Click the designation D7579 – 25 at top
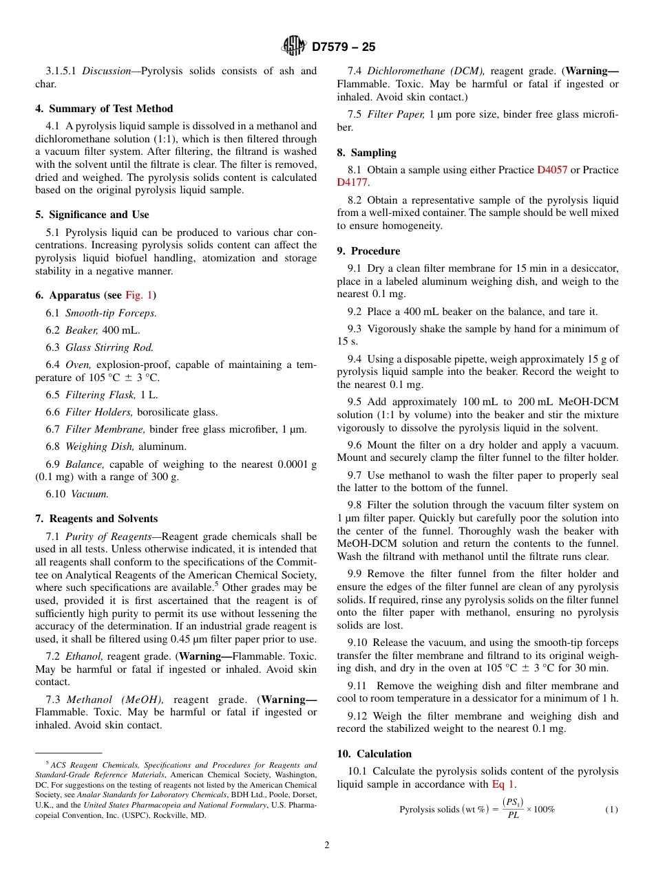tap(344, 47)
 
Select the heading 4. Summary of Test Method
tap(104, 109)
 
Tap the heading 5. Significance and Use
tap(92, 215)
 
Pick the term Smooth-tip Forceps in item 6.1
tap(111, 313)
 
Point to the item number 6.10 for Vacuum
tap(55, 493)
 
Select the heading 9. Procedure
tap(368, 251)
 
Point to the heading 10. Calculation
tap(374, 754)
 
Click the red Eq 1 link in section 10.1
tap(503, 784)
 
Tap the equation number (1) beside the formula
tap(611, 810)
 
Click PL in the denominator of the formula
tap(513, 816)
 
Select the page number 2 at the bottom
tap(327, 845)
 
